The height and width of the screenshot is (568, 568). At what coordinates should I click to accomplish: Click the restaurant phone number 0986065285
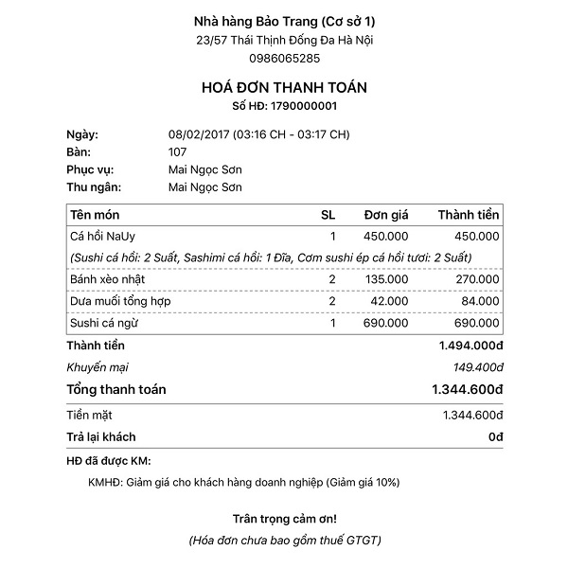(284, 57)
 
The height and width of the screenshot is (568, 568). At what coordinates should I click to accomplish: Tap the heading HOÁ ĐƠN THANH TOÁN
(284, 87)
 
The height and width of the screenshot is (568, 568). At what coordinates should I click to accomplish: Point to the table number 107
(177, 151)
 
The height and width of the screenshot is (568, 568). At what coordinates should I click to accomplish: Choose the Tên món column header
(95, 215)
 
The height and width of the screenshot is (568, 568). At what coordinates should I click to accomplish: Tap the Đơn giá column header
(386, 215)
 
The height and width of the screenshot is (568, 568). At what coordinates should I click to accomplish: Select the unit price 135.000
(387, 279)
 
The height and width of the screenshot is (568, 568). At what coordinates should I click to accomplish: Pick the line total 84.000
(479, 301)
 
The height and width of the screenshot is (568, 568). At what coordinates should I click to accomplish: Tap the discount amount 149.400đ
(473, 366)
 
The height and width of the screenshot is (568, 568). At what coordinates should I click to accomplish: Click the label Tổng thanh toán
(116, 389)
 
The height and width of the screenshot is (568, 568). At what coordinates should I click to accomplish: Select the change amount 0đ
(495, 436)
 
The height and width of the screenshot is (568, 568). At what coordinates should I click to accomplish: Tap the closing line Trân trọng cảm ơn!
(284, 519)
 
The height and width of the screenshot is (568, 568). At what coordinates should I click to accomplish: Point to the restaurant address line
(284, 40)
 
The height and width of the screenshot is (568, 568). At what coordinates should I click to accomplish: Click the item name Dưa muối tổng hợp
(120, 301)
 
